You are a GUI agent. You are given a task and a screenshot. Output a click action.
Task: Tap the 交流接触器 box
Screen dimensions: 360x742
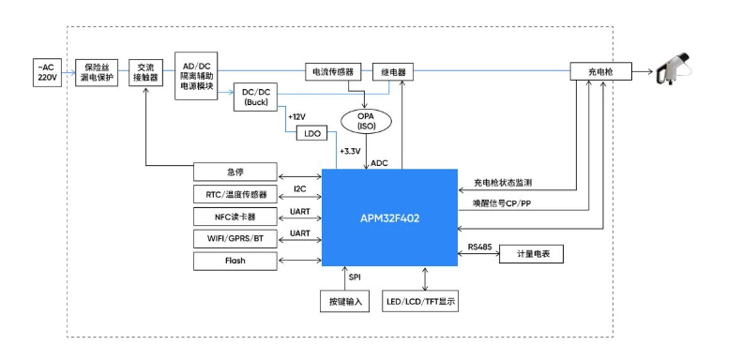[145, 72]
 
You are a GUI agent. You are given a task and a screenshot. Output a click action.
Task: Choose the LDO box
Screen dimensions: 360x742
[312, 133]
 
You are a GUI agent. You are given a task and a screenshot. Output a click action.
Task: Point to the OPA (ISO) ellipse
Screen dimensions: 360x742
[367, 121]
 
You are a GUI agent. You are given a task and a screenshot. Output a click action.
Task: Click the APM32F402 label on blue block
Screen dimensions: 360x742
[389, 217]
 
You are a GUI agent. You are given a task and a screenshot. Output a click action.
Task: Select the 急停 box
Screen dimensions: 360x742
[235, 172]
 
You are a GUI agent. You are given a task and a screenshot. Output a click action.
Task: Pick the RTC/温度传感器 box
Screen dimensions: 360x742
[235, 195]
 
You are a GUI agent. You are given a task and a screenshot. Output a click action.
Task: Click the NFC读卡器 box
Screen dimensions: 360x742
[235, 217]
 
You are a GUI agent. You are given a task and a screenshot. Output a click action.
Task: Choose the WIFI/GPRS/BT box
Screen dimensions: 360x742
[235, 239]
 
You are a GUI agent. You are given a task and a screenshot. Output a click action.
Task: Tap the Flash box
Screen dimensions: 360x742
[235, 261]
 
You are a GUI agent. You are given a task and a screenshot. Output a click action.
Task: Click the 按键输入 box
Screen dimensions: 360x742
[344, 302]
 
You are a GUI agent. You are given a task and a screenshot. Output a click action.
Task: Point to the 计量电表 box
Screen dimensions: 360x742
[531, 253]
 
